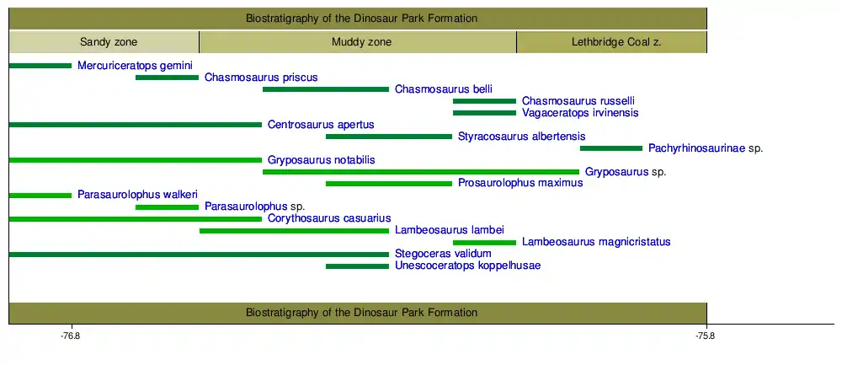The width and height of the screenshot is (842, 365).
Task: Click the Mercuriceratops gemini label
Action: (x=135, y=66)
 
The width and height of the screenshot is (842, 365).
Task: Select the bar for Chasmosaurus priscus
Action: (x=167, y=78)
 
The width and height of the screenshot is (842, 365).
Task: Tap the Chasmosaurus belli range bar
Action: (x=326, y=89)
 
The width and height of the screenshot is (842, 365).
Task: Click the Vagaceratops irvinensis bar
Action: (x=484, y=113)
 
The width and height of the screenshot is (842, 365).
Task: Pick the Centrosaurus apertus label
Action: (x=321, y=125)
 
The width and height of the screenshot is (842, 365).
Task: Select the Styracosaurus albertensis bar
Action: (x=389, y=137)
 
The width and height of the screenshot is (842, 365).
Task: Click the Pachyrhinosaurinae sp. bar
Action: (x=611, y=148)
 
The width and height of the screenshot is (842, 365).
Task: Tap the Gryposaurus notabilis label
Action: (x=321, y=160)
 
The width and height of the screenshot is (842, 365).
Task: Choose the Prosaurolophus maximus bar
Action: (x=389, y=184)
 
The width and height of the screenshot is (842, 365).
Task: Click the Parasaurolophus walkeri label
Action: (x=137, y=196)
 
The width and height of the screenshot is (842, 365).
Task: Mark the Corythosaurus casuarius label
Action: (x=329, y=218)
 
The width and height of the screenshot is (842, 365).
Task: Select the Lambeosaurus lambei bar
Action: (x=294, y=230)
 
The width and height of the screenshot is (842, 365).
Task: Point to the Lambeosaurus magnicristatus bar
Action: (x=484, y=243)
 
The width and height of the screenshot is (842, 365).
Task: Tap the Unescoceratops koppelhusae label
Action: (x=467, y=266)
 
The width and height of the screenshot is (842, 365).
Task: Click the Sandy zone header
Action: (x=104, y=42)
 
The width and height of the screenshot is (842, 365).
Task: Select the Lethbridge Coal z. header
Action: (x=611, y=42)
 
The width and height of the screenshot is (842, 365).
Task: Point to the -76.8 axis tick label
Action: (x=71, y=337)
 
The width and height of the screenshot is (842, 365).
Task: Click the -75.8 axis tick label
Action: (x=706, y=337)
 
